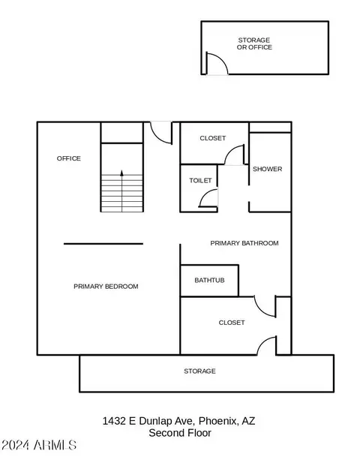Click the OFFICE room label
pos(68,158)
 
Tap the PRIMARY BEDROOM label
pos(106,287)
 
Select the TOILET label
pos(200,180)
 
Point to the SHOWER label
pos(267,169)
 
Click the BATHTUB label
pos(209,280)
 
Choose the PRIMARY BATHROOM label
pos(244,243)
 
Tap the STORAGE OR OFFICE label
pos(254,44)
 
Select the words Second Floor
pos(180,433)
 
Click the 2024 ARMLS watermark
pos(39,445)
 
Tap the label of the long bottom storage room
pos(199,371)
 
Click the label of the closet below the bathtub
pos(232,323)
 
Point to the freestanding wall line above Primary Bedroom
pos(103,244)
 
